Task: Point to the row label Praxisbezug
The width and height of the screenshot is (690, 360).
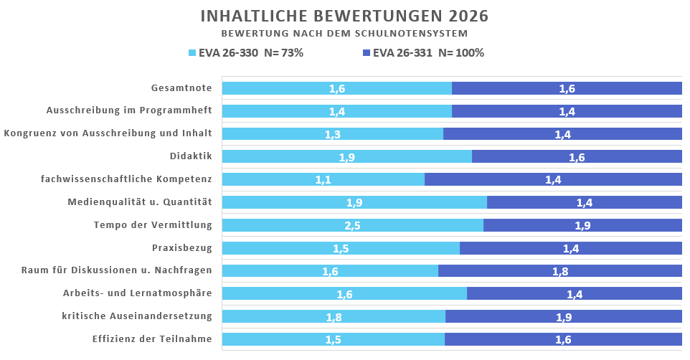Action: pos(181,248)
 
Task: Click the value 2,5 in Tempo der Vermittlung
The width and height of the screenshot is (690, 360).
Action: pos(353,226)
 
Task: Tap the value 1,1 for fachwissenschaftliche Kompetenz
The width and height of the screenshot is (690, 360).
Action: pos(323,180)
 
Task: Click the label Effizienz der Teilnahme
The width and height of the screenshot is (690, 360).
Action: pos(152,339)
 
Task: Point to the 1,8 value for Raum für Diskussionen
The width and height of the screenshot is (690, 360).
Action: pos(560,272)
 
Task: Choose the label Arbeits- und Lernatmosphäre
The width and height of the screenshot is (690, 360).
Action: pos(137,294)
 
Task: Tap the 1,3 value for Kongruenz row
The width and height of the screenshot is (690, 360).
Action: pos(333,134)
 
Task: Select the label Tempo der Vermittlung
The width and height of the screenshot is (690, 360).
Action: pos(153,225)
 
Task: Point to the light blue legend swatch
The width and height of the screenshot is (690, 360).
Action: pos(192,53)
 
